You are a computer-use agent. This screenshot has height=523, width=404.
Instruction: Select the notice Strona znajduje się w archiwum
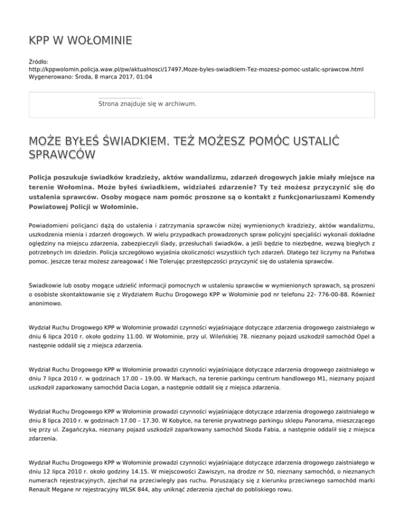click(x=147, y=104)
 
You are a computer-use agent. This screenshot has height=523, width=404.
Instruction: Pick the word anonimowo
click(x=46, y=304)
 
